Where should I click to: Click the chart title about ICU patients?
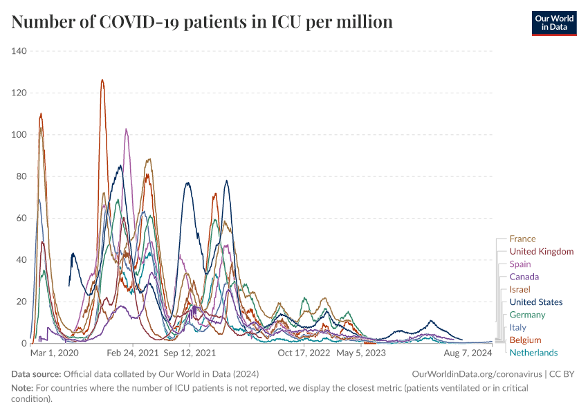pyautogui.click(x=202, y=22)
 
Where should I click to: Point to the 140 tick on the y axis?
pyautogui.click(x=19, y=51)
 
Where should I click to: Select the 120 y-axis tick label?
pyautogui.click(x=19, y=93)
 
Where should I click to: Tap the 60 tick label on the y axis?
pyautogui.click(x=21, y=218)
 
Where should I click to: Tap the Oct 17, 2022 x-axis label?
pyautogui.click(x=304, y=353)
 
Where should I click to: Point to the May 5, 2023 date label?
pyautogui.click(x=360, y=353)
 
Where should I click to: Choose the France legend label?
pyautogui.click(x=522, y=239)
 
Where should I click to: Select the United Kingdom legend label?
pyautogui.click(x=541, y=252)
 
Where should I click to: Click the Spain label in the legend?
pyautogui.click(x=520, y=264)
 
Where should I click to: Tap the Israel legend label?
pyautogui.click(x=520, y=289)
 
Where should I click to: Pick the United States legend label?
pyautogui.click(x=535, y=302)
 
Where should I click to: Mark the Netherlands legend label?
pyautogui.click(x=533, y=353)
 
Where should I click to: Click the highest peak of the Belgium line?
pyautogui.click(x=102, y=80)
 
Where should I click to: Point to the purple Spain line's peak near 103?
pyautogui.click(x=126, y=129)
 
